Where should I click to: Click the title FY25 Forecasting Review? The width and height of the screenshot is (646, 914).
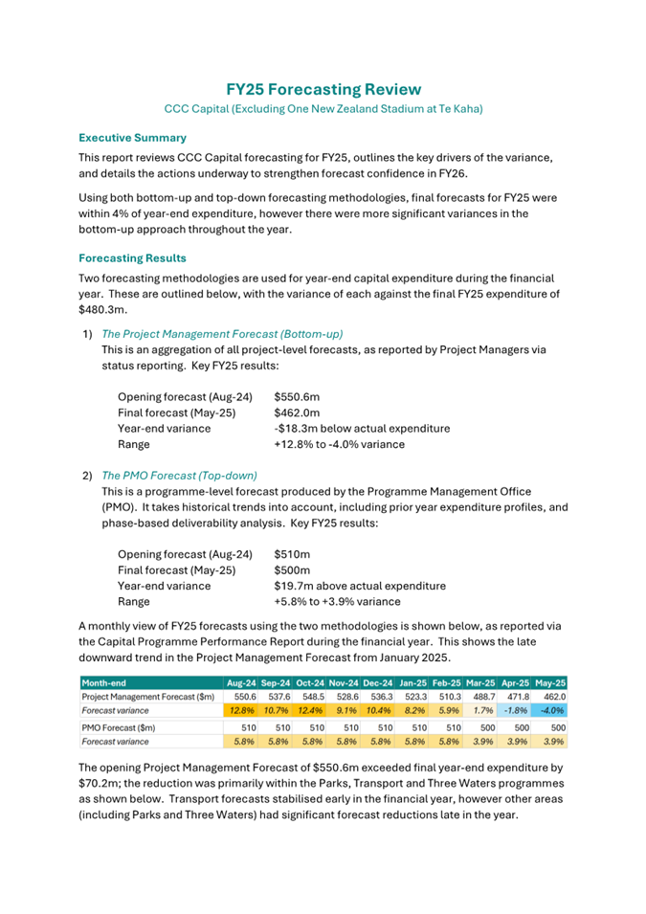click(323, 89)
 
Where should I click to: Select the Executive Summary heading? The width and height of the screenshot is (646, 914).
click(132, 137)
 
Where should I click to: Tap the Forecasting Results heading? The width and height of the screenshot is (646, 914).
click(132, 258)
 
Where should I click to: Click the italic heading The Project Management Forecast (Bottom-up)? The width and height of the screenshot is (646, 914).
click(222, 333)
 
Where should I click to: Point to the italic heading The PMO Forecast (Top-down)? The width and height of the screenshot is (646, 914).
click(179, 475)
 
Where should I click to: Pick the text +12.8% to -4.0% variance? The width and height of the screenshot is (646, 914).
click(339, 444)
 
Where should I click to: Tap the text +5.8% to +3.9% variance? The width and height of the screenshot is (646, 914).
click(337, 601)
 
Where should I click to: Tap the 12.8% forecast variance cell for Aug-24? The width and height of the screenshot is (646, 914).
click(240, 712)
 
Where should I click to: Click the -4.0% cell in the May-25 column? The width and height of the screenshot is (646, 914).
click(552, 712)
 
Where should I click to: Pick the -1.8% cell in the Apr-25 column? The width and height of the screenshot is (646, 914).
click(518, 712)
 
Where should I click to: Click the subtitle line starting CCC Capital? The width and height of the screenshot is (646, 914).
click(323, 109)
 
